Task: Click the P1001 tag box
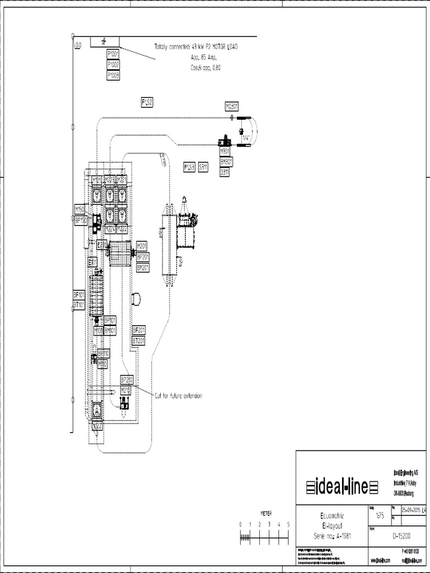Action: [113, 54]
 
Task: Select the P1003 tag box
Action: [113, 74]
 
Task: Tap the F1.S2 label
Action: [147, 102]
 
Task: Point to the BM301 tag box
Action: [226, 162]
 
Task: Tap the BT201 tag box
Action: [138, 340]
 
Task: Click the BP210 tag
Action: [127, 379]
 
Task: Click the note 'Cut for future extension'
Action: [177, 396]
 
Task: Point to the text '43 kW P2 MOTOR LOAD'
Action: [214, 48]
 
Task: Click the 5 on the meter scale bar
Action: [288, 524]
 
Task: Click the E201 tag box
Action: [102, 244]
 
